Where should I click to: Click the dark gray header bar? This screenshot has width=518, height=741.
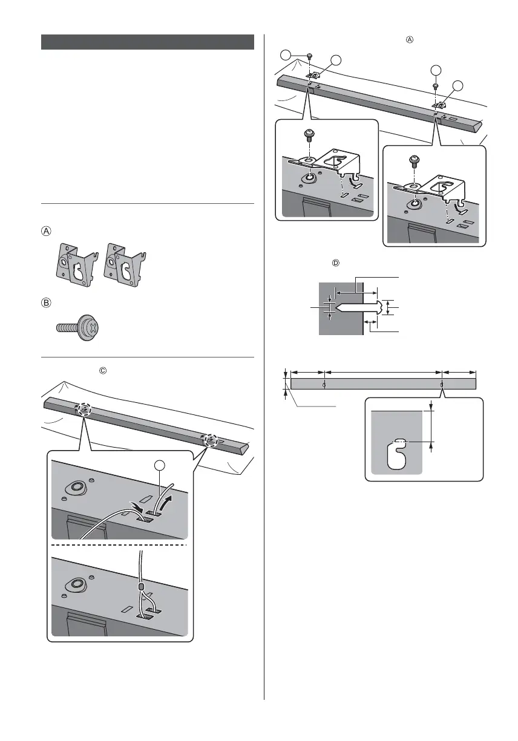[147, 42]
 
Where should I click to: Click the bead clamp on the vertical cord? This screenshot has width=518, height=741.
[141, 587]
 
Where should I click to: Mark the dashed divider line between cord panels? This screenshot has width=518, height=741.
[120, 544]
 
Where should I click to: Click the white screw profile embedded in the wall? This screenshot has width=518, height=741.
[357, 307]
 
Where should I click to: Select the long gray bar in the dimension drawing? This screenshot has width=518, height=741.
[384, 384]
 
